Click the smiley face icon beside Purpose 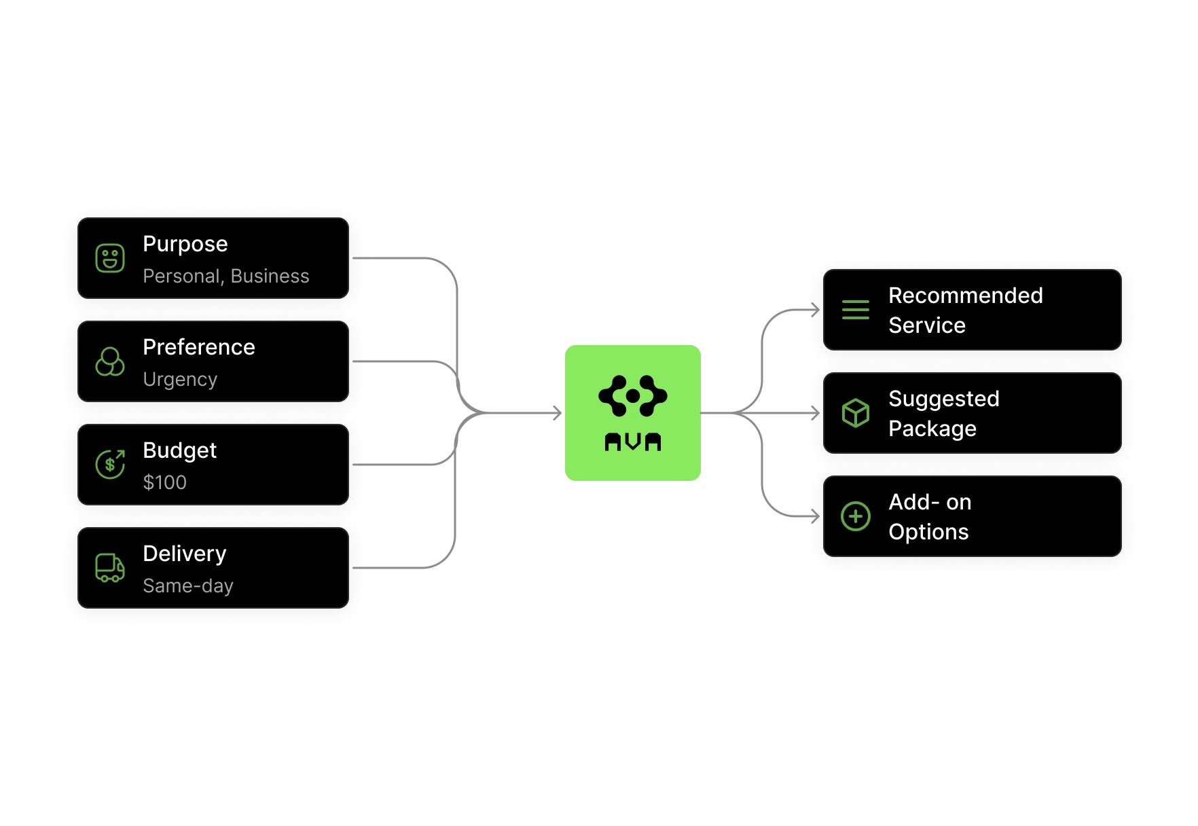110,258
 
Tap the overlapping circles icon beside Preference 110,361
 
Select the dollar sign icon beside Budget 110,465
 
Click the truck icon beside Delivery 110,568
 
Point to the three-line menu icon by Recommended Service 856,310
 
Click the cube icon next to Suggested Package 856,413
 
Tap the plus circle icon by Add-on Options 856,516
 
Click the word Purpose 185,245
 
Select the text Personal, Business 226,276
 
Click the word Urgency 180,380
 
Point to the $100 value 165,482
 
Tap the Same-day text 188,586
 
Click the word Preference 199,347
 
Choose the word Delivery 185,554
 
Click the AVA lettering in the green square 633,442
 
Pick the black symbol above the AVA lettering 633,395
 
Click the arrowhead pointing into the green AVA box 558,413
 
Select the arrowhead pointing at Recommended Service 816,310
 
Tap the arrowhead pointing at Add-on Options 816,516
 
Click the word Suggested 944,399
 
